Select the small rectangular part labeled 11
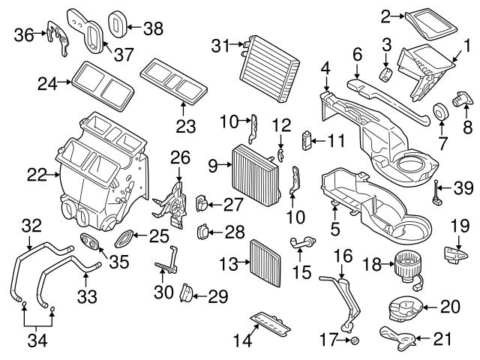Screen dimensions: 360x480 click(306, 139)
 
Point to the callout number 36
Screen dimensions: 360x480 click(23, 34)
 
